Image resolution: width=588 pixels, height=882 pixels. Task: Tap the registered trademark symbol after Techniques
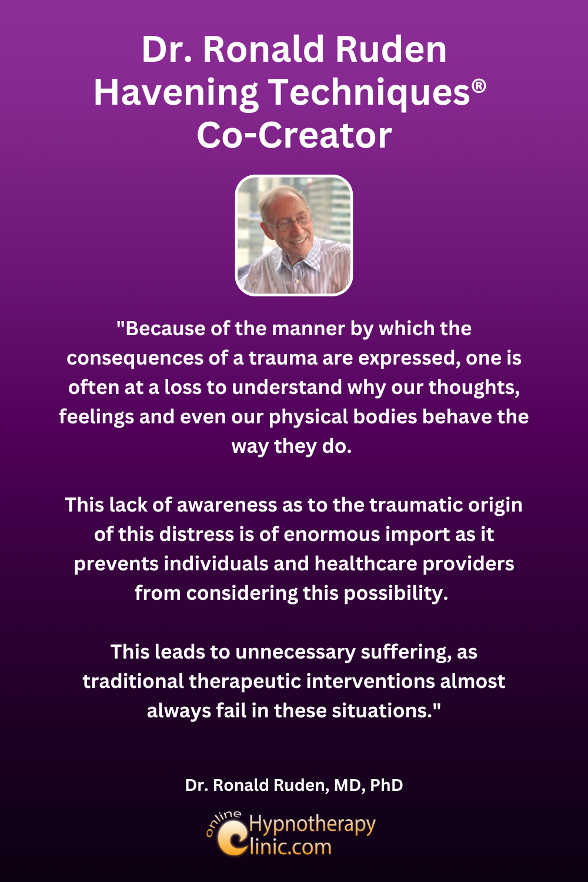coord(479,86)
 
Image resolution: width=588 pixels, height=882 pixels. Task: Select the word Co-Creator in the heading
coord(294,135)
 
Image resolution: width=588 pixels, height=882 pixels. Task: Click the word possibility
coord(396,593)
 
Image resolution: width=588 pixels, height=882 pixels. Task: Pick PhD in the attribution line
coord(386,785)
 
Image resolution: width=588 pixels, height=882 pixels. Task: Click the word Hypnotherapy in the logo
coord(312,824)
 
